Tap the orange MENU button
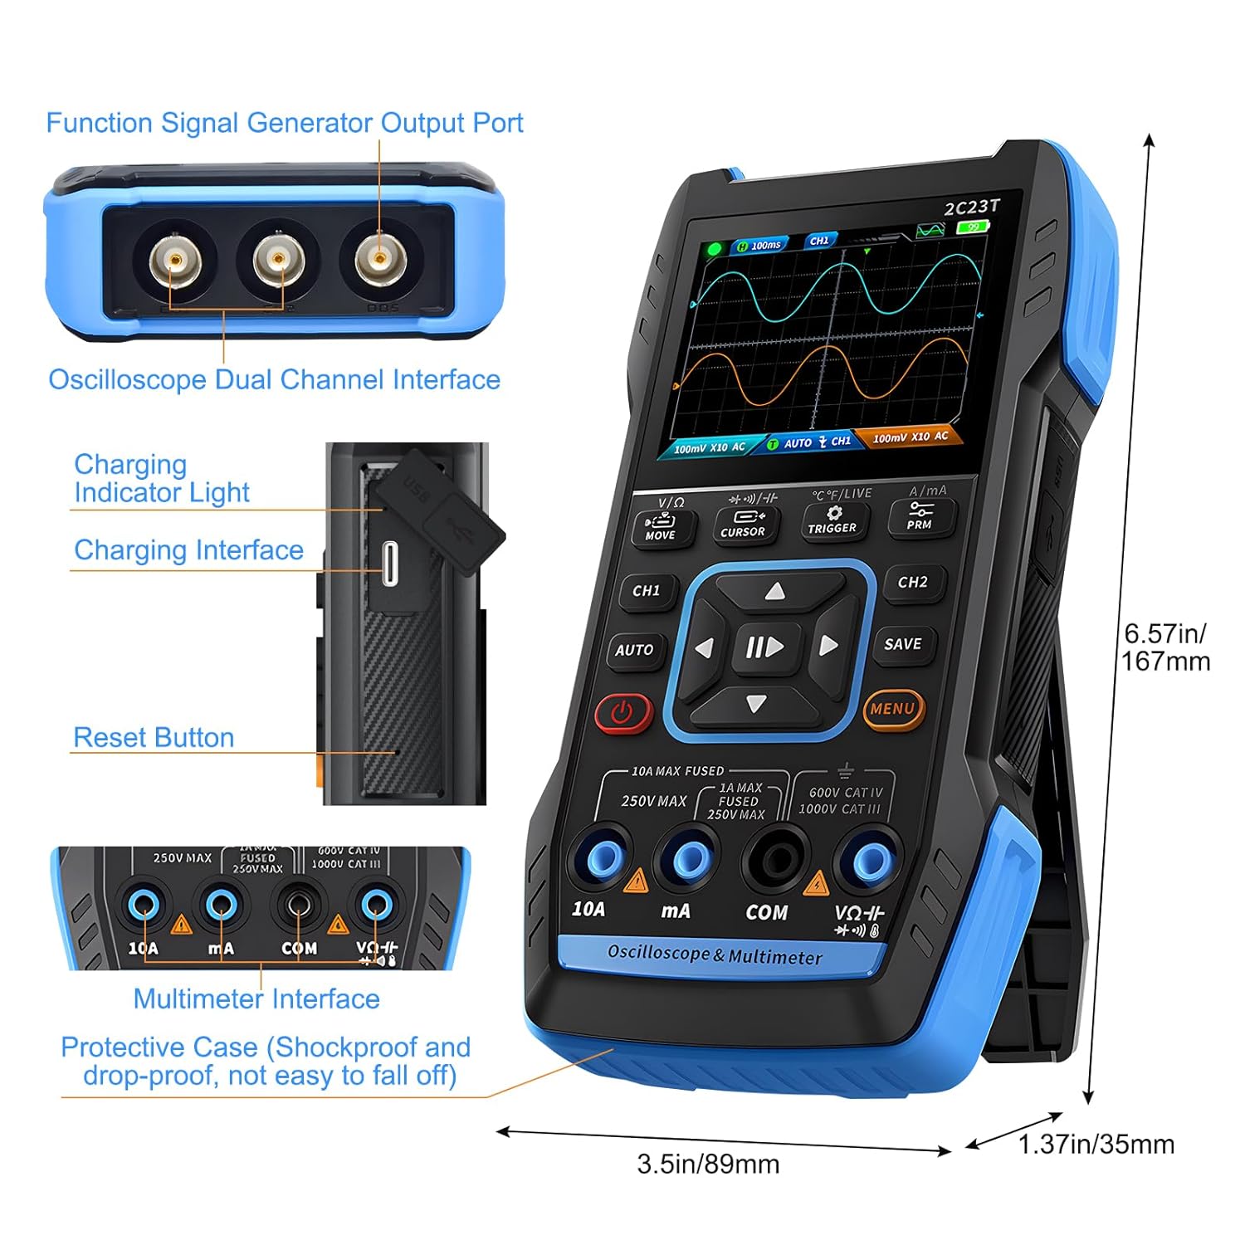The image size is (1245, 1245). coord(893,710)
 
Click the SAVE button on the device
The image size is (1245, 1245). coord(902,644)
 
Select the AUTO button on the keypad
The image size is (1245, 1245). coord(634,650)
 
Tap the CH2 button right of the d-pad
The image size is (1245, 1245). coord(912,582)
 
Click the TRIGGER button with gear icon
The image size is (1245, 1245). coord(832,520)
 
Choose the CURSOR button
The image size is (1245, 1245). coord(743,524)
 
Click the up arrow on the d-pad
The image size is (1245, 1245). coord(774,591)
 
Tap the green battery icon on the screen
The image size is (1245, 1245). coord(973,227)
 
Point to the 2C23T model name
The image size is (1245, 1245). coord(971,207)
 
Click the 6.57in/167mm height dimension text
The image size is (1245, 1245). coord(1165,647)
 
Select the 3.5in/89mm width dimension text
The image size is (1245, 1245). coord(708,1164)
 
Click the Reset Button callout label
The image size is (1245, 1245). coord(154,737)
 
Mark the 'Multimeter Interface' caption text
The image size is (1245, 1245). coord(256,998)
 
